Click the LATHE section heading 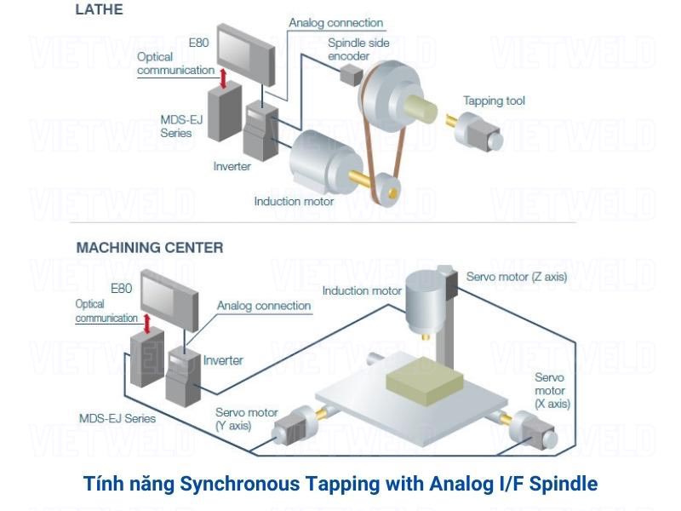pos(100,10)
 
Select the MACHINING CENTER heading pos(150,248)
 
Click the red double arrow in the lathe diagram pos(223,78)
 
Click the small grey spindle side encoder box pos(351,75)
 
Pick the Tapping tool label pos(494,100)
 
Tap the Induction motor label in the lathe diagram pos(294,202)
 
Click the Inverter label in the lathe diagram pos(232,166)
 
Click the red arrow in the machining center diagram pos(148,323)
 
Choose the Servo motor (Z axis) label pos(516,277)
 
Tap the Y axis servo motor pos(293,423)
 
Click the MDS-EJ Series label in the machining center pos(117,418)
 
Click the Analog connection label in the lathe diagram pos(335,23)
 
